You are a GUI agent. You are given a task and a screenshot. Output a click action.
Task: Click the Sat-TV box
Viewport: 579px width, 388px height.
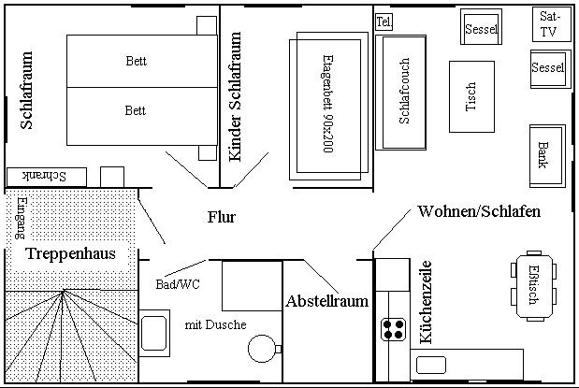point(552,24)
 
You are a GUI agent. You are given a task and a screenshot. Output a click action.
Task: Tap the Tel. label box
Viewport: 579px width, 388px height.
point(384,22)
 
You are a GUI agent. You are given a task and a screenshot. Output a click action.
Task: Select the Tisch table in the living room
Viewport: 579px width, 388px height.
point(471,96)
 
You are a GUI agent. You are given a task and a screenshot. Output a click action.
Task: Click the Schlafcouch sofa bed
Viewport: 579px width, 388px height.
point(401,93)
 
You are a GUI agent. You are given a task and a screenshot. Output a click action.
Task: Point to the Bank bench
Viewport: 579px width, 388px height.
point(547,156)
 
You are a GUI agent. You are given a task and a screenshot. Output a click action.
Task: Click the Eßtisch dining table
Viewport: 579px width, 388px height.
point(534,286)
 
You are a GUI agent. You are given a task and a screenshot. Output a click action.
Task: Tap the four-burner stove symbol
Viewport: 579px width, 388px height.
point(393,329)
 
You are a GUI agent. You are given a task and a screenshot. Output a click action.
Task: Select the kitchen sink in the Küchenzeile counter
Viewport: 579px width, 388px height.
point(431,366)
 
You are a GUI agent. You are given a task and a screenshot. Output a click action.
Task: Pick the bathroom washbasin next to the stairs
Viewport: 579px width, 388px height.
point(154,333)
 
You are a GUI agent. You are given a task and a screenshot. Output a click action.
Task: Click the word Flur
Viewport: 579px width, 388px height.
point(221,217)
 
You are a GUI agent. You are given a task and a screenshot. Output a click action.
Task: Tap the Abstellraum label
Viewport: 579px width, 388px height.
point(326,301)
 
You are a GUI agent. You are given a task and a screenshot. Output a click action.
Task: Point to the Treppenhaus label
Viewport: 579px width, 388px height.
point(70,253)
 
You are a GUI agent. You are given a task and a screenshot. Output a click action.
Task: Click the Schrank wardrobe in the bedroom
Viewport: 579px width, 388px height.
point(47,177)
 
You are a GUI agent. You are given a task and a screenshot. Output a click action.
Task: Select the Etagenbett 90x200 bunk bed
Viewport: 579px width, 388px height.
point(328,106)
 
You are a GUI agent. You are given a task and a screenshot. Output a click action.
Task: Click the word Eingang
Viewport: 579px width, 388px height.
point(22,218)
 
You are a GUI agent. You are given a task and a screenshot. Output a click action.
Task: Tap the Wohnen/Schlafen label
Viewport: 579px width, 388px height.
point(479,211)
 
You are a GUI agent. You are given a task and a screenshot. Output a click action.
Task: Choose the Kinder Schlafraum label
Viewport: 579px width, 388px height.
point(235,96)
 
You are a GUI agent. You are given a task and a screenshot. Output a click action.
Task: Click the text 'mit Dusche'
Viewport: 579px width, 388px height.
point(216,324)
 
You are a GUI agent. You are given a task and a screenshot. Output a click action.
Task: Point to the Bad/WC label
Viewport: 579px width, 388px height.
point(178,284)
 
